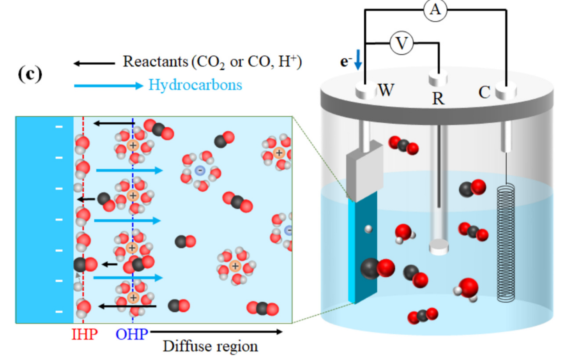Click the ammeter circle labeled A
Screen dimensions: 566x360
click(x=435, y=10)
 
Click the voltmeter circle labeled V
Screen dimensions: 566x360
click(x=402, y=43)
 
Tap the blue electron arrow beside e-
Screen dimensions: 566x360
click(x=358, y=60)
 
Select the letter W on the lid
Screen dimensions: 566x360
click(x=386, y=90)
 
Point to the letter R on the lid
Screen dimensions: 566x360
click(x=438, y=98)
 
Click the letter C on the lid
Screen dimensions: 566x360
click(x=484, y=92)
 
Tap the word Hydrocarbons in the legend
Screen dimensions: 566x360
click(x=195, y=85)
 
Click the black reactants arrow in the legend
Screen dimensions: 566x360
click(x=94, y=64)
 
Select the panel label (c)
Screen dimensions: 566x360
click(x=30, y=74)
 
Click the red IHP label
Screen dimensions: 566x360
click(x=85, y=334)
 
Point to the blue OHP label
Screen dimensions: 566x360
click(x=132, y=334)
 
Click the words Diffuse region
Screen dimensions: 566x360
click(x=210, y=346)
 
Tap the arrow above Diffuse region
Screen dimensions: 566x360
click(x=216, y=332)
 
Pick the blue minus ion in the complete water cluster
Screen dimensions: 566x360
click(x=200, y=171)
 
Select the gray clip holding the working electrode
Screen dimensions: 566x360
click(x=364, y=171)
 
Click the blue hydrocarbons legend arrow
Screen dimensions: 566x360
click(x=109, y=86)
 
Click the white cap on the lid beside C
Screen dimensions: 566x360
click(x=506, y=91)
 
